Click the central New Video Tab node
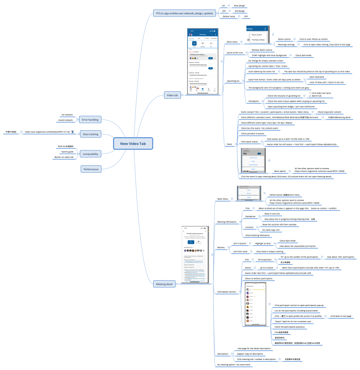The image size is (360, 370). [133, 144]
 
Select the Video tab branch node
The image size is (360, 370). [172, 95]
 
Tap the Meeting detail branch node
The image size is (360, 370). [164, 284]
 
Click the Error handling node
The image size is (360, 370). [90, 119]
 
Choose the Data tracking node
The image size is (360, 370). [90, 134]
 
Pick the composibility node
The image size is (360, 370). [90, 154]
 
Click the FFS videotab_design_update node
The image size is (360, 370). [184, 13]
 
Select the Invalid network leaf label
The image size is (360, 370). [65, 120]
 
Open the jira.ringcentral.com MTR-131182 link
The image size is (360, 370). [47, 132]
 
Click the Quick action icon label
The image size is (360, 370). [235, 52]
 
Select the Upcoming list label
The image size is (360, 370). [233, 81]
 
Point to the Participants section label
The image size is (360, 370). [226, 292]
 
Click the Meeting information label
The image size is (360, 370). [227, 222]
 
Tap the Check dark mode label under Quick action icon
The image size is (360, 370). [303, 55]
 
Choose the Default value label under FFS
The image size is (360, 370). [229, 17]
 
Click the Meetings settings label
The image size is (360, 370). [286, 45]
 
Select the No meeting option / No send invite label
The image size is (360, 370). [234, 364]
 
